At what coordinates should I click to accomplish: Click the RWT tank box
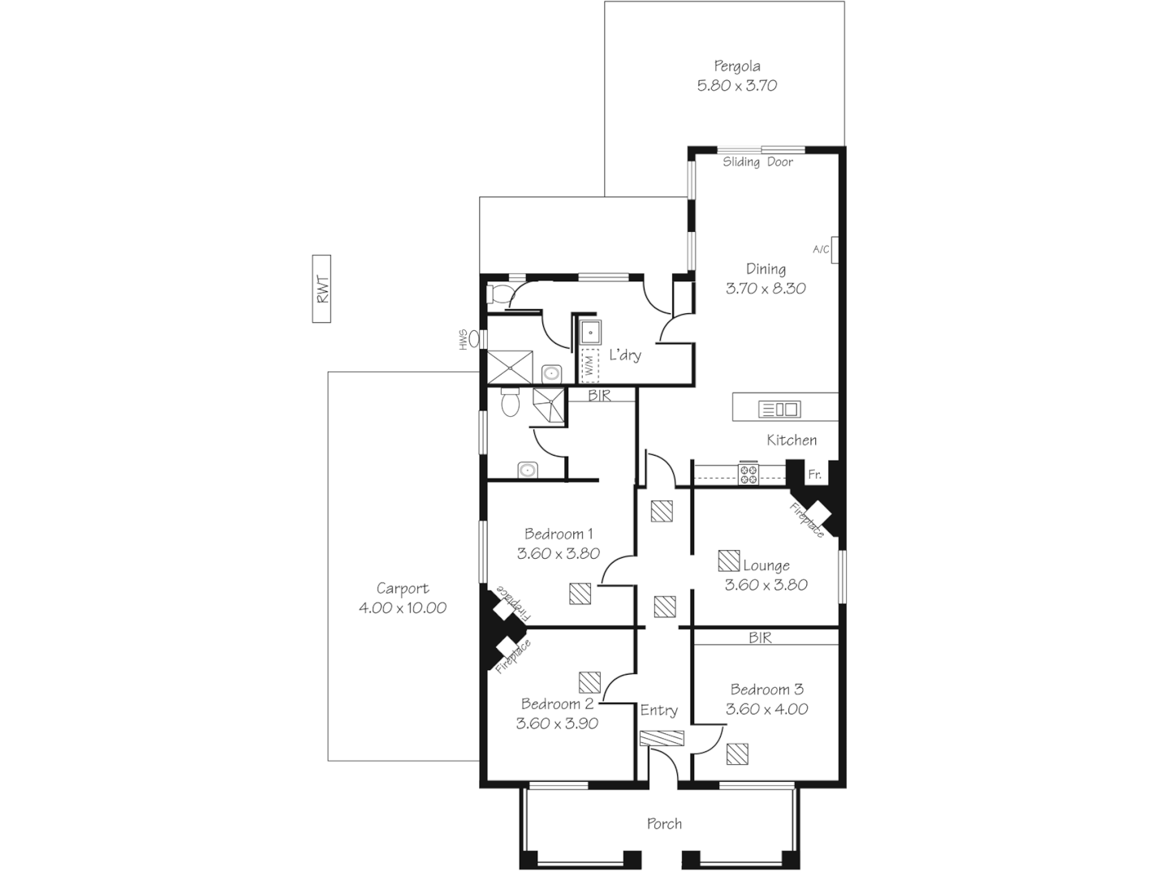pyautogui.click(x=321, y=289)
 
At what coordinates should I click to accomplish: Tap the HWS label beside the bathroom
pyautogui.click(x=464, y=338)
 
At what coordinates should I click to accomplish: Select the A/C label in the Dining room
pyautogui.click(x=821, y=249)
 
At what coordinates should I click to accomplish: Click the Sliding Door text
pyautogui.click(x=757, y=162)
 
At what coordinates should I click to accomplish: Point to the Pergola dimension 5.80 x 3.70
pyautogui.click(x=737, y=85)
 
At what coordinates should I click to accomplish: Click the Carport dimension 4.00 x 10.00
pyautogui.click(x=402, y=608)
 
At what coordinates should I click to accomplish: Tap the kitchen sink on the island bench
pyautogui.click(x=779, y=409)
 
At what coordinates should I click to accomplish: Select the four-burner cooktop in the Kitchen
pyautogui.click(x=748, y=474)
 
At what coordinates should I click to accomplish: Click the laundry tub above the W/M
pyautogui.click(x=590, y=332)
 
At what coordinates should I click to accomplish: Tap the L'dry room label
pyautogui.click(x=625, y=355)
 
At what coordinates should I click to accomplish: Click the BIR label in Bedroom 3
pyautogui.click(x=760, y=638)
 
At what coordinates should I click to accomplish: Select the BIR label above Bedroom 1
pyautogui.click(x=600, y=396)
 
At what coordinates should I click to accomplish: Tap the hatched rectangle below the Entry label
pyautogui.click(x=662, y=738)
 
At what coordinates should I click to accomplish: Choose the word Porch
pyautogui.click(x=664, y=824)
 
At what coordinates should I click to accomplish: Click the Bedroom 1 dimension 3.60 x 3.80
pyautogui.click(x=558, y=554)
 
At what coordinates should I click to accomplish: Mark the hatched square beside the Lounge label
pyautogui.click(x=728, y=560)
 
